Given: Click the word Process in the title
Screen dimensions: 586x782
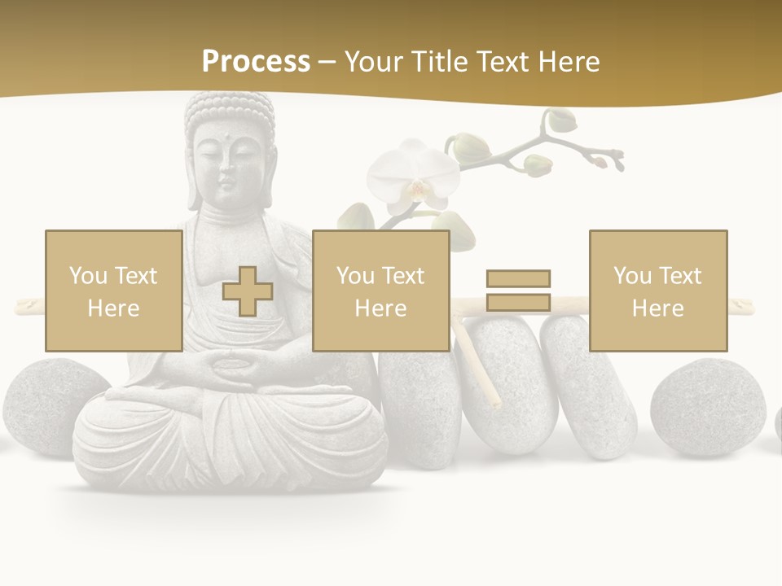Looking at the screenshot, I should click(256, 61).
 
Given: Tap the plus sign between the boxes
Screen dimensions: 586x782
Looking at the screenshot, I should click(248, 291).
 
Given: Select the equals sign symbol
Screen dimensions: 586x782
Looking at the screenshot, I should click(518, 291).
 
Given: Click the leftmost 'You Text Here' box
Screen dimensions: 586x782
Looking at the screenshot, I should click(113, 291).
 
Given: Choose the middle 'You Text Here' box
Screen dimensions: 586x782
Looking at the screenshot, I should click(380, 291).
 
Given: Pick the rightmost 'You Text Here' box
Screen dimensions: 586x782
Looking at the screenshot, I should click(657, 291).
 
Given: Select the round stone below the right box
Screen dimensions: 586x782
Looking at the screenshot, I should click(708, 406).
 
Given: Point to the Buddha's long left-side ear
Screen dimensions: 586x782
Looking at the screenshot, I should click(194, 175).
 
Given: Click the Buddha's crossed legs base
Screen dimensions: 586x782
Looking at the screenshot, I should click(231, 439).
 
